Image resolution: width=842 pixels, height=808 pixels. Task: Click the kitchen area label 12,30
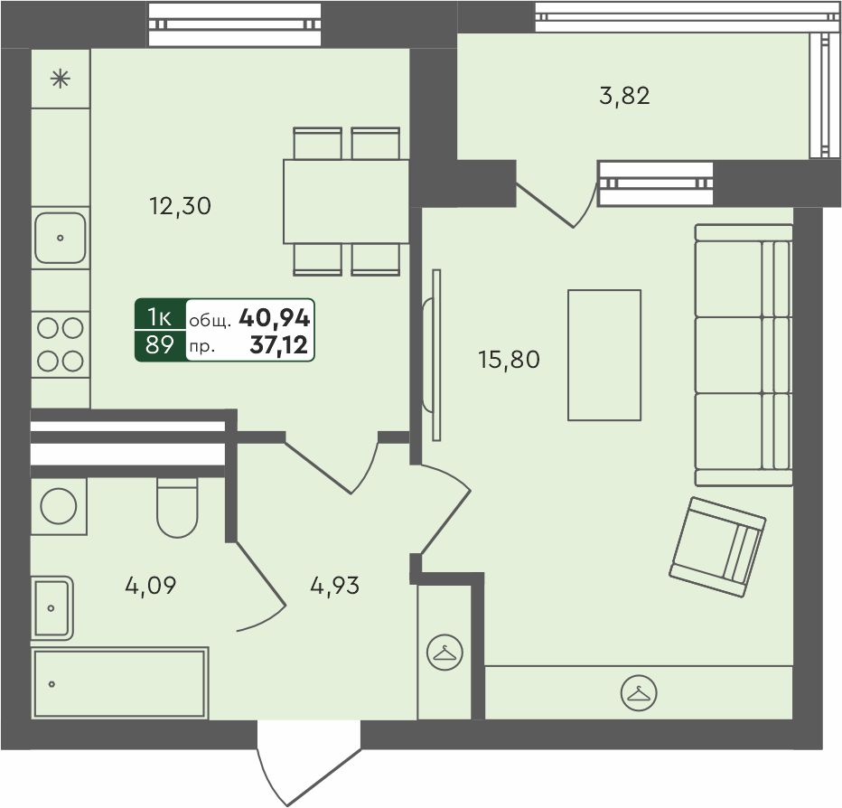click(x=181, y=206)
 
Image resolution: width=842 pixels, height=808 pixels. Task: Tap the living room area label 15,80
click(x=509, y=360)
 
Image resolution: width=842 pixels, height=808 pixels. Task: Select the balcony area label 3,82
click(x=624, y=96)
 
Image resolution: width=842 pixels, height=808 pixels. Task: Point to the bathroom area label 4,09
click(x=150, y=585)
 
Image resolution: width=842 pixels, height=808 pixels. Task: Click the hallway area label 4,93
click(x=335, y=585)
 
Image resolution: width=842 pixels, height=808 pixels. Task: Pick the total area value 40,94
click(x=275, y=318)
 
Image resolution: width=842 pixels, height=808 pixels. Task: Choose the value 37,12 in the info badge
click(x=278, y=344)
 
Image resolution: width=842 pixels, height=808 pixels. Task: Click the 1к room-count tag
click(x=160, y=318)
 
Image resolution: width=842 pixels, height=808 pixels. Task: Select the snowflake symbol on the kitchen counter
click(x=61, y=79)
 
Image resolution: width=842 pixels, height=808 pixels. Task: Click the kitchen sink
click(x=61, y=238)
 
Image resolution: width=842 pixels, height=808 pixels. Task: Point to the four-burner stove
click(x=61, y=344)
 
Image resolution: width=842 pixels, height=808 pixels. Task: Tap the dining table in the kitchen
click(x=346, y=202)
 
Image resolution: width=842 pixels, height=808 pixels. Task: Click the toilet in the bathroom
click(x=177, y=507)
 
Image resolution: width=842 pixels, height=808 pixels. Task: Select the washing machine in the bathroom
click(x=59, y=506)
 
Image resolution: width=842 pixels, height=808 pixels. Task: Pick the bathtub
click(x=120, y=683)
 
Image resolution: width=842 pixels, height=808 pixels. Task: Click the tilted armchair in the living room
click(x=717, y=547)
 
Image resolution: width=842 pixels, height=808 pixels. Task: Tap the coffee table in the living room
click(x=604, y=354)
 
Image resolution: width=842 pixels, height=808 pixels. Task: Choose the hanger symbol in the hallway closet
click(x=444, y=653)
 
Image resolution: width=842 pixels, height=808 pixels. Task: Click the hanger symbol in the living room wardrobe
click(x=639, y=693)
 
